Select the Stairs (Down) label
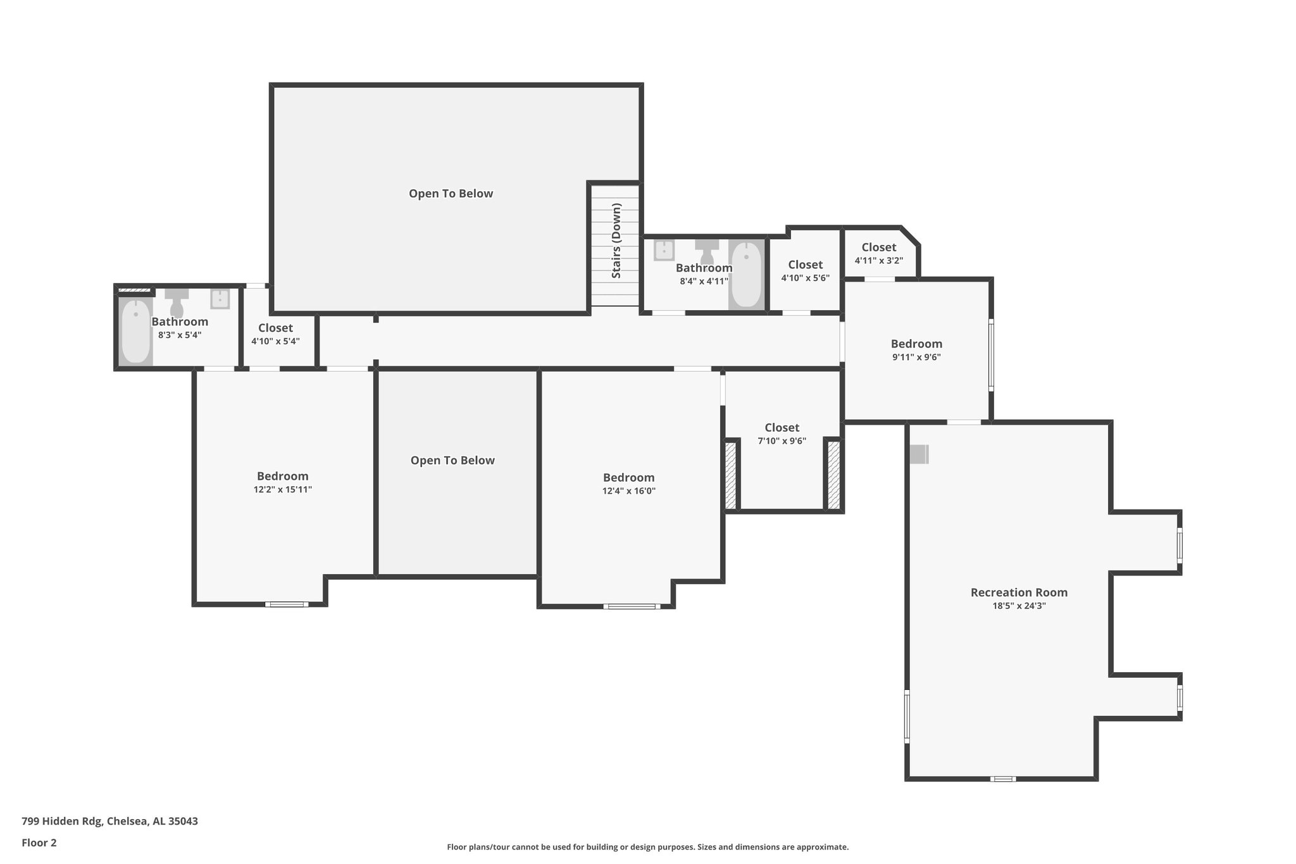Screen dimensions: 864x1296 point(616,241)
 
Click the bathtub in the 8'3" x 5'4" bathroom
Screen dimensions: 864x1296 point(135,331)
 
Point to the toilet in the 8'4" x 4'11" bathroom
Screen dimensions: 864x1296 point(707,251)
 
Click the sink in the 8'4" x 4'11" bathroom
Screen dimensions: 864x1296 point(664,250)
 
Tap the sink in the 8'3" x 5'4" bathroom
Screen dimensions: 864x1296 point(220,299)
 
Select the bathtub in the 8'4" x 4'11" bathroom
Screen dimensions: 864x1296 point(747,275)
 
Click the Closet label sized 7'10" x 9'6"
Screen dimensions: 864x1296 point(782,427)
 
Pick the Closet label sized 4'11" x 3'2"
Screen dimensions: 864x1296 point(878,247)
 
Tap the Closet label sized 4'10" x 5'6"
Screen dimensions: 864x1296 point(805,265)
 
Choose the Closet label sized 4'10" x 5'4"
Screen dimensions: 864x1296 point(275,328)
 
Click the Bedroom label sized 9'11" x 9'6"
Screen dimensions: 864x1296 point(916,344)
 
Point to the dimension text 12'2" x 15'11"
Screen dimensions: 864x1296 point(283,489)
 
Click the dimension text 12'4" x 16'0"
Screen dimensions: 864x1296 point(628,491)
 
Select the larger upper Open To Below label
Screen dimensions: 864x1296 point(451,194)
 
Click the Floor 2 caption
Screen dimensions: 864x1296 point(39,842)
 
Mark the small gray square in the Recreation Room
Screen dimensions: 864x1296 point(919,454)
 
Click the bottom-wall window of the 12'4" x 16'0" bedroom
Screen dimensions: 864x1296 point(632,606)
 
